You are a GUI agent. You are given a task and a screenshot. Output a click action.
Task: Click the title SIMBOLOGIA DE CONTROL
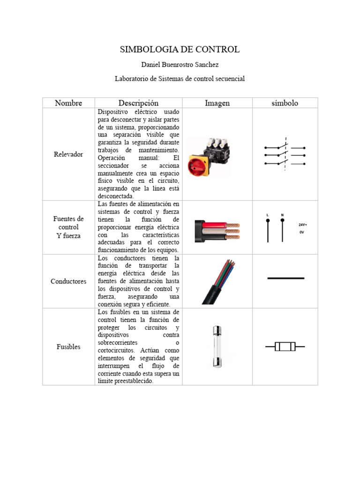[x=180, y=49]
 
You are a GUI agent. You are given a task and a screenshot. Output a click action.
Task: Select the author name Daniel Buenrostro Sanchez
[x=180, y=65]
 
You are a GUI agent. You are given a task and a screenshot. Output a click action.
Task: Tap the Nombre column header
[x=68, y=103]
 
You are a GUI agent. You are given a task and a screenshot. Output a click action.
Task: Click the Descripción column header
[x=138, y=103]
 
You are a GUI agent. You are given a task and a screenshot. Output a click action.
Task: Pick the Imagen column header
[x=217, y=103]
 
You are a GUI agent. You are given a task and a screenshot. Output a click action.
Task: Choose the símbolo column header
[x=285, y=103]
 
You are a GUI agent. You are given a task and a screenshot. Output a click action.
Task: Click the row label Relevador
[x=68, y=154]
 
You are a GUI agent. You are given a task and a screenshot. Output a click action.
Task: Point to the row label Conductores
[x=68, y=281]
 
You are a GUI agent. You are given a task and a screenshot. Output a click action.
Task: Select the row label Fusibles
[x=68, y=347]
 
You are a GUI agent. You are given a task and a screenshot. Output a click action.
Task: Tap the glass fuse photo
[x=217, y=346]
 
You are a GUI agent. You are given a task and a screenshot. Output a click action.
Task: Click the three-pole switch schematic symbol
[x=285, y=154]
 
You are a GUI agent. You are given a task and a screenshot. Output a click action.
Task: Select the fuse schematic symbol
[x=285, y=347]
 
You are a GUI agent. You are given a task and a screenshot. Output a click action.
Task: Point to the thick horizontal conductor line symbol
[x=285, y=278]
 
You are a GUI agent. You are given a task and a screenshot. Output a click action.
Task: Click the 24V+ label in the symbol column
[x=303, y=225]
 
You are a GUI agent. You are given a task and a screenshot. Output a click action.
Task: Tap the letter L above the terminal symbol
[x=268, y=215]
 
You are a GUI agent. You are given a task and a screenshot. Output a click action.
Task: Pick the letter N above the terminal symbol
[x=282, y=215]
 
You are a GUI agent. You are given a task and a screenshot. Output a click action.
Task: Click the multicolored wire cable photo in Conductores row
[x=217, y=281]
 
